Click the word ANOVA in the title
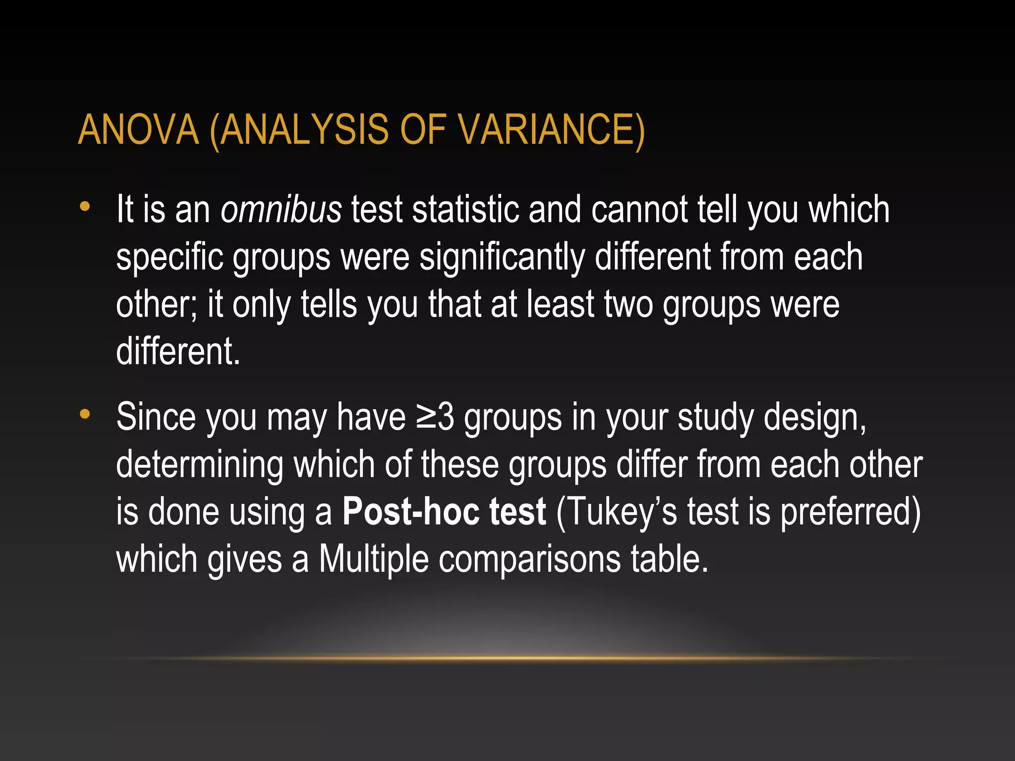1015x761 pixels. pyautogui.click(x=138, y=130)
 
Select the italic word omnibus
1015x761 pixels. pyautogui.click(x=281, y=210)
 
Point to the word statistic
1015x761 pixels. pyautogui.click(x=465, y=210)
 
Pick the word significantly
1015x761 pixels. pyautogui.click(x=502, y=257)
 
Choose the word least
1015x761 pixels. pyautogui.click(x=560, y=304)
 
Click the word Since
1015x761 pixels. pyautogui.click(x=156, y=417)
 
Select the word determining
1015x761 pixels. pyautogui.click(x=200, y=464)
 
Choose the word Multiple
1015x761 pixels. pyautogui.click(x=373, y=559)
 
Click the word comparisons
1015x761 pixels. pyautogui.click(x=529, y=559)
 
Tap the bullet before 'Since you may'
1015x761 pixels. pyautogui.click(x=85, y=414)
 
